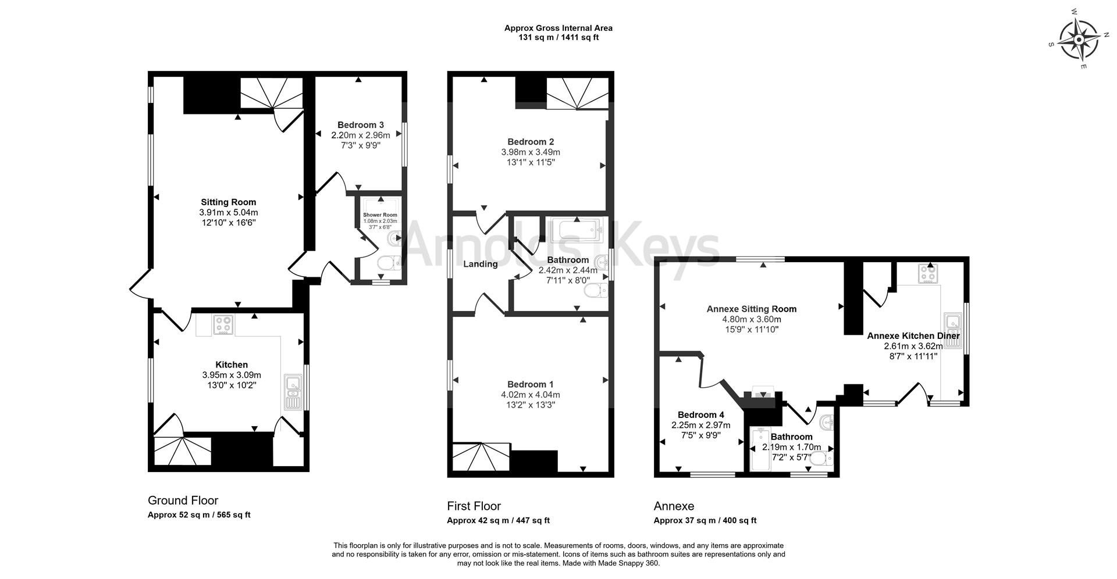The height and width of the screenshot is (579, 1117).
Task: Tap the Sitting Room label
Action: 228,202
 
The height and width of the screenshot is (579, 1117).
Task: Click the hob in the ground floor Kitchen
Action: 223,324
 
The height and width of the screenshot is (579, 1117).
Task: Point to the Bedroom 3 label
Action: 361,125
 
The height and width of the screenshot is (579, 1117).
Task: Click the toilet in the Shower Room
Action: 387,263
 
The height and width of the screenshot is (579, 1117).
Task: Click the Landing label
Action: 480,264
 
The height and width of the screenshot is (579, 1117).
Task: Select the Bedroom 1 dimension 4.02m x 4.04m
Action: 530,395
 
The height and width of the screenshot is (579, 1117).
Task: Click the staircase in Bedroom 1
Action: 481,457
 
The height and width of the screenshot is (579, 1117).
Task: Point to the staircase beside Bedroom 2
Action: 577,94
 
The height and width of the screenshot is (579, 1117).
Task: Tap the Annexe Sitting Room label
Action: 751,309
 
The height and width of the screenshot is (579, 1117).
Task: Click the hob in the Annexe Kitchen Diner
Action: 927,273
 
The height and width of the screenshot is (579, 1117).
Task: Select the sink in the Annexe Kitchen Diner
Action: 952,331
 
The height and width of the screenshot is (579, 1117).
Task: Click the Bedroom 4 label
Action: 700,415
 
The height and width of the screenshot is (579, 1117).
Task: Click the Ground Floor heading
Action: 183,501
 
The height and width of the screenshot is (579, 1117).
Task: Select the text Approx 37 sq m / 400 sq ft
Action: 705,521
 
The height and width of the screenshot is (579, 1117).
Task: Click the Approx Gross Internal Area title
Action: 558,28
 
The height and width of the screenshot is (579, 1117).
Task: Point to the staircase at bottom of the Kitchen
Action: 180,452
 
